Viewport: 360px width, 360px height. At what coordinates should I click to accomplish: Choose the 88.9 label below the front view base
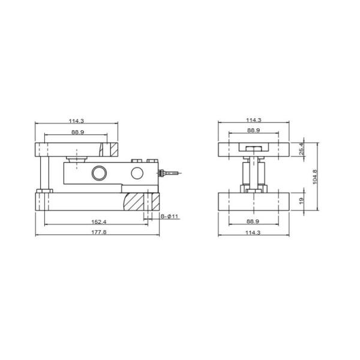pos(253,221)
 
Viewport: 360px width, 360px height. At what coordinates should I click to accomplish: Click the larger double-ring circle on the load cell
pos(98,173)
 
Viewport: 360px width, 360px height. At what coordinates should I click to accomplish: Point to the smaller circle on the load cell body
pos(137,173)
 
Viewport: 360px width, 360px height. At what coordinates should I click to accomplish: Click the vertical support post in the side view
pos(42,173)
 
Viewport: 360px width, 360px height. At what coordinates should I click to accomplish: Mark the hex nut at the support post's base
pos(42,191)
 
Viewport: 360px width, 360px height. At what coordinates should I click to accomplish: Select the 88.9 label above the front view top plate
pos(253,131)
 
